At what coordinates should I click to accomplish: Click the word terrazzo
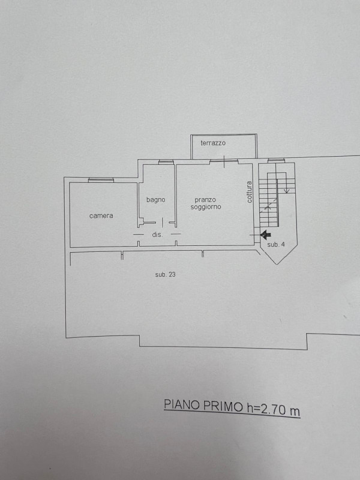[x=213, y=143]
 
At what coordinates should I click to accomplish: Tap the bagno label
[x=156, y=200]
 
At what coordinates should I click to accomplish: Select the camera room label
[x=101, y=216]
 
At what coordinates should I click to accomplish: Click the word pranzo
[x=205, y=200]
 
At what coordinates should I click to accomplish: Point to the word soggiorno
[x=206, y=207]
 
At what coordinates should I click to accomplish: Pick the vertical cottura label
[x=250, y=192]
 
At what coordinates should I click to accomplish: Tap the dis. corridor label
[x=157, y=235]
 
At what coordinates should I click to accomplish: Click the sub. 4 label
[x=276, y=245]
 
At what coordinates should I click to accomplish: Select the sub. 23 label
[x=166, y=275]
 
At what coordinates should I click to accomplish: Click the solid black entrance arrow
[x=265, y=235]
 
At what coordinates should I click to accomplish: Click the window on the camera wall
[x=101, y=180]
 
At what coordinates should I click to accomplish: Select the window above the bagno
[x=166, y=162]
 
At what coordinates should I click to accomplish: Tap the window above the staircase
[x=276, y=160]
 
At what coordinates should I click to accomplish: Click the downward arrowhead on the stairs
[x=287, y=191]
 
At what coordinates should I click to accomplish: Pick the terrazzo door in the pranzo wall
[x=224, y=161]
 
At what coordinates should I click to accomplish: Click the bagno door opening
[x=162, y=223]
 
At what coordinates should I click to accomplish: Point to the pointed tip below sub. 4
[x=277, y=264]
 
